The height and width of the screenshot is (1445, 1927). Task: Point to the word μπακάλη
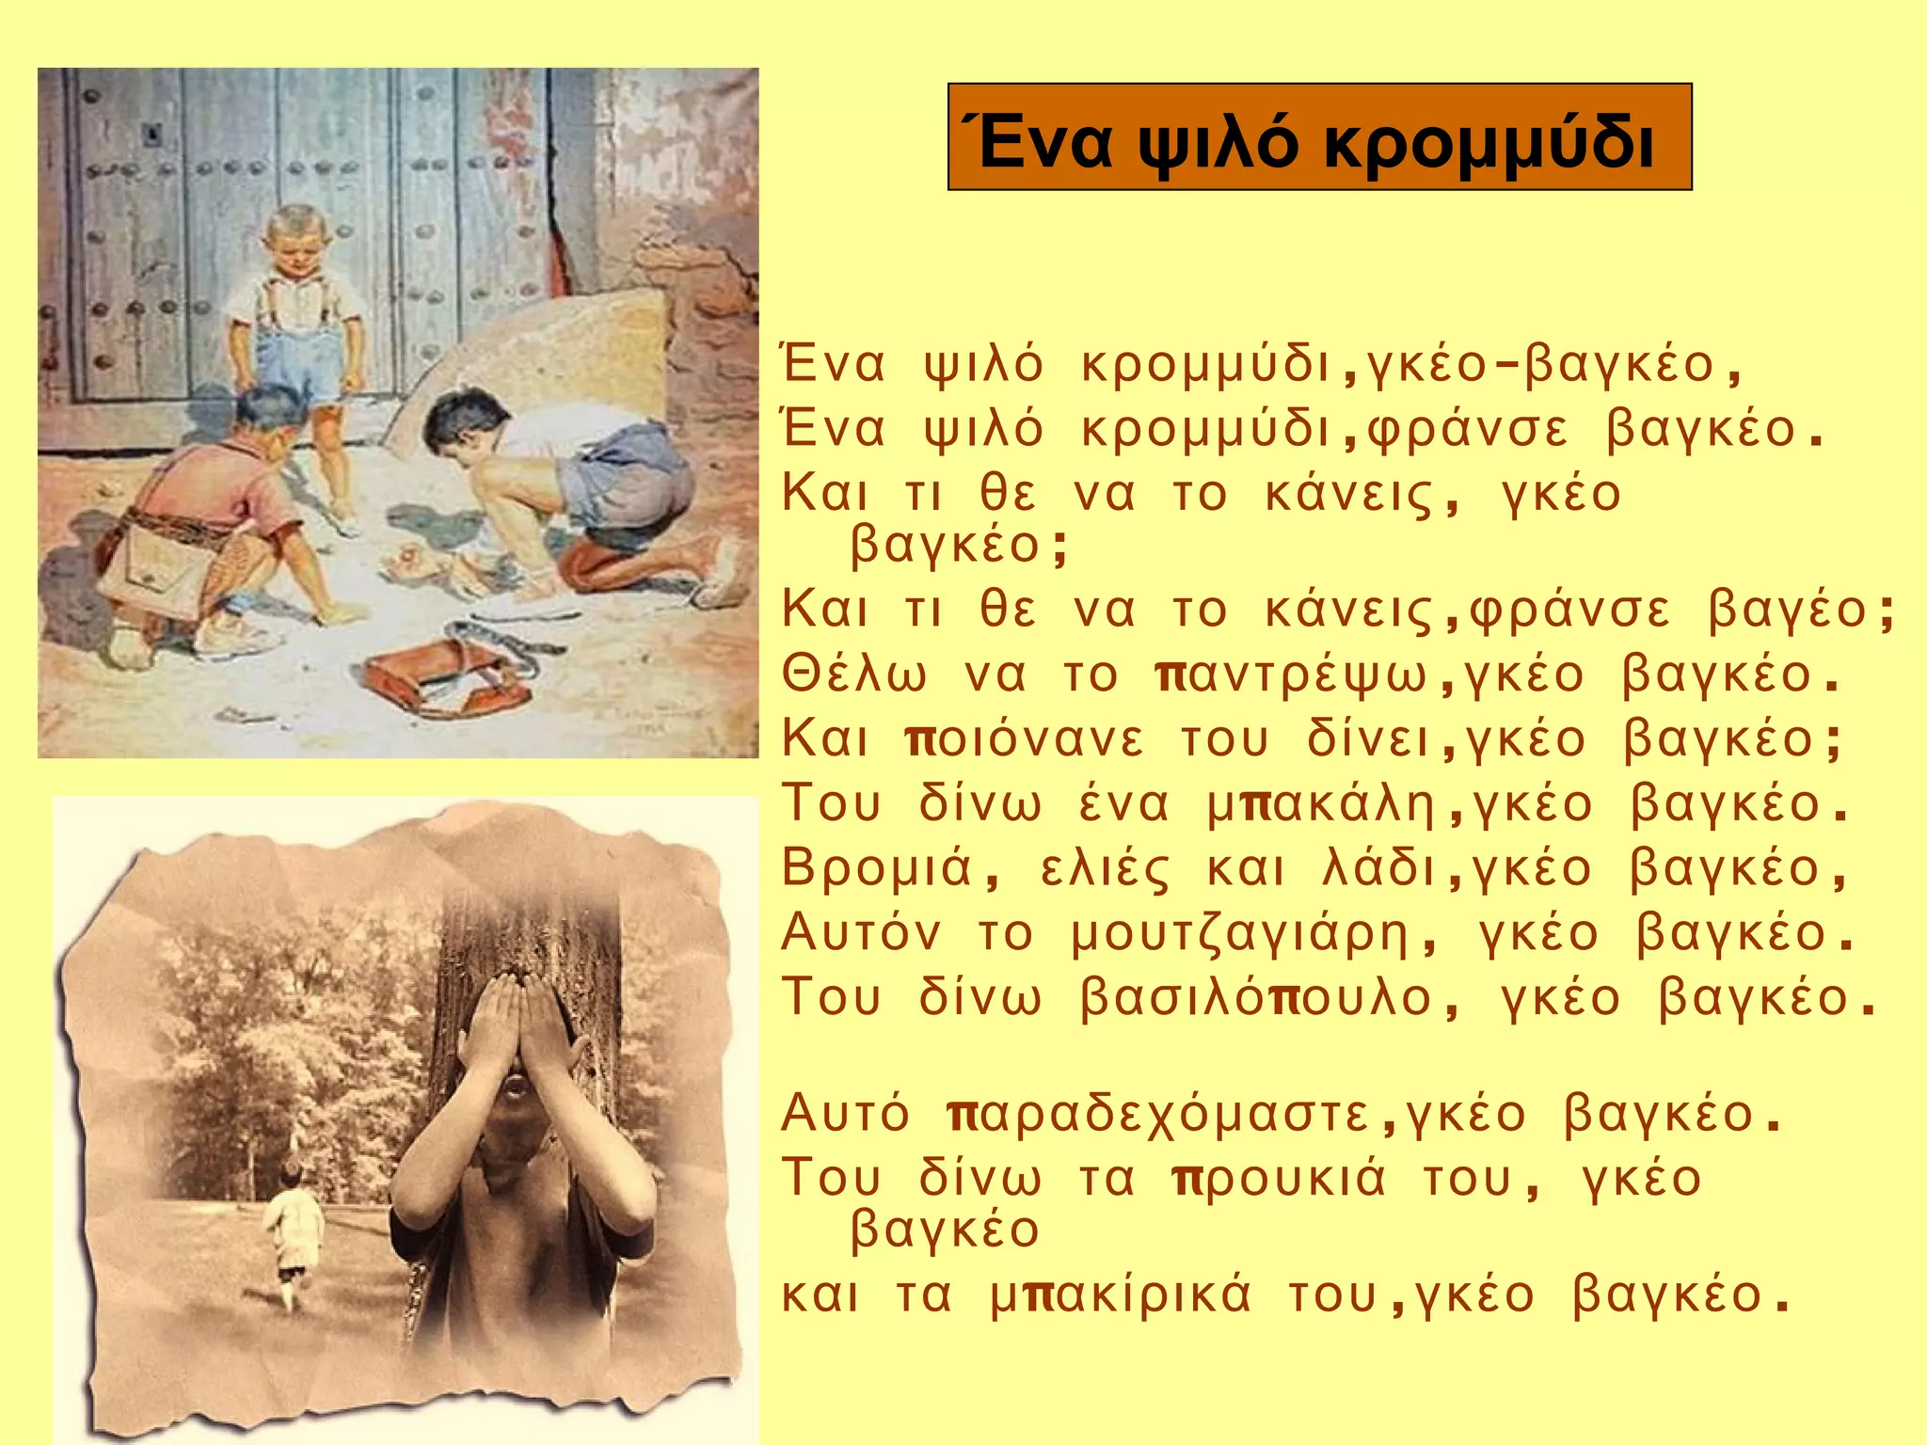click(x=1322, y=805)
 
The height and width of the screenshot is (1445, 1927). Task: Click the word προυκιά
click(x=1280, y=1180)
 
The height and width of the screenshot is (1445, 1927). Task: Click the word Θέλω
click(x=854, y=675)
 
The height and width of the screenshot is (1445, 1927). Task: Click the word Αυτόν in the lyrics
click(x=860, y=934)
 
